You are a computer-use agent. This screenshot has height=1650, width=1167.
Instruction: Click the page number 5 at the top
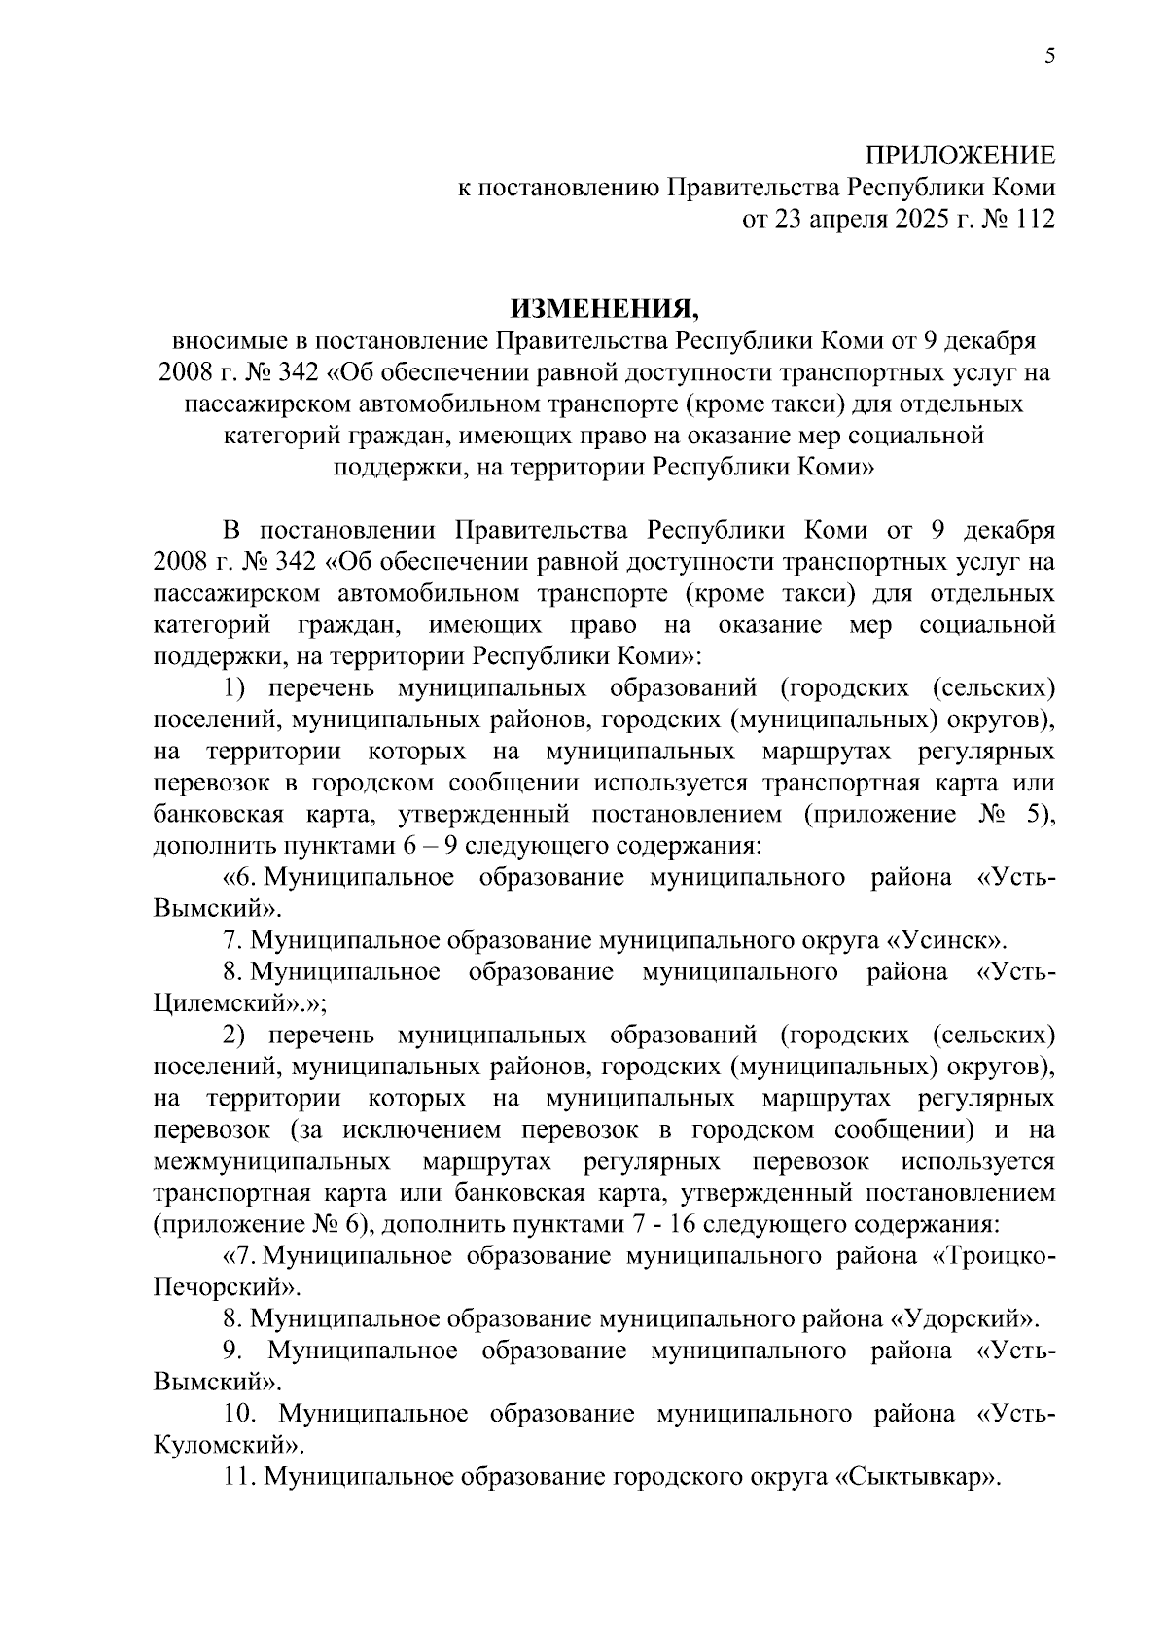click(1049, 55)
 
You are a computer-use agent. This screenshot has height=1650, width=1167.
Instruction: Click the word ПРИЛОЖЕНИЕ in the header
click(961, 156)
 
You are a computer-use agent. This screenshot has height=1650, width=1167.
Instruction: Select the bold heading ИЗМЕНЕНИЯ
click(605, 308)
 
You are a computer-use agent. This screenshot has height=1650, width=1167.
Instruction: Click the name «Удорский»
click(963, 1319)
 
